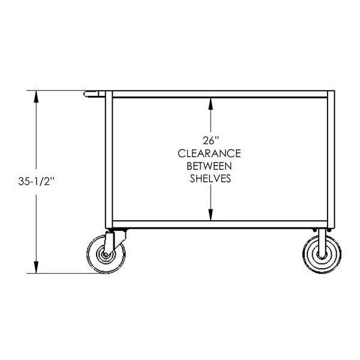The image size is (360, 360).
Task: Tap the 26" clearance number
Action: tap(210, 140)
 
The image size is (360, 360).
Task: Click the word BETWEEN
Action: tap(210, 166)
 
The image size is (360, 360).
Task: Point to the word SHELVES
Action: tap(210, 178)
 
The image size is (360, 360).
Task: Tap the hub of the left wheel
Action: tap(106, 256)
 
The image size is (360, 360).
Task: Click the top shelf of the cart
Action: tap(219, 95)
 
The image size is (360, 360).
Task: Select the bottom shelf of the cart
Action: tap(219, 224)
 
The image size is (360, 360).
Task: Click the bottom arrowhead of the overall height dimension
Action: tap(37, 270)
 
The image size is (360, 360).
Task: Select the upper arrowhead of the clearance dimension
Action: tap(210, 103)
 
